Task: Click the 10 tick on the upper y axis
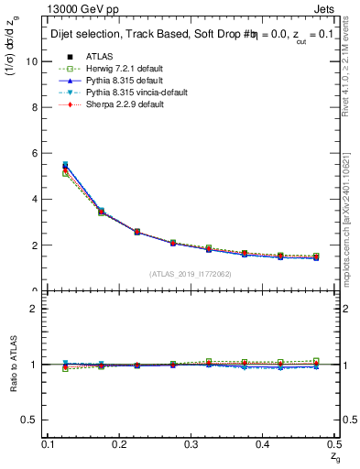(x=33, y=61)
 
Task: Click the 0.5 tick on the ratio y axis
(x=31, y=420)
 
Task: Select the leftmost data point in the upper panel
(x=65, y=167)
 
